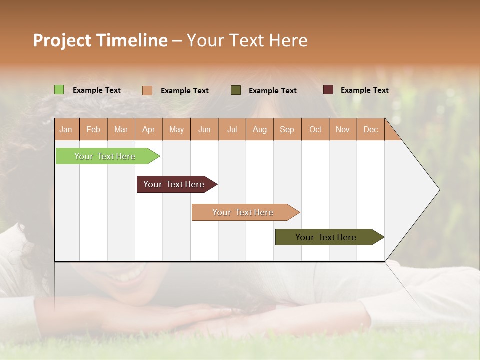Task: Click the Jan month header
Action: [66, 129]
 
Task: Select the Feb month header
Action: [93, 129]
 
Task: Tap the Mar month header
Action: [121, 129]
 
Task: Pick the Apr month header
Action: [149, 129]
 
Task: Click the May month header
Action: [176, 129]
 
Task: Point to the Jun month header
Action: [204, 129]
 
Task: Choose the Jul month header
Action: [232, 129]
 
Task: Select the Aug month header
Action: [260, 129]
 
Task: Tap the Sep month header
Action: [287, 129]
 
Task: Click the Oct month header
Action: [315, 129]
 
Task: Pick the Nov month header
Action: [343, 129]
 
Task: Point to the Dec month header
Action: [371, 129]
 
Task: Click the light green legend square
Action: [59, 90]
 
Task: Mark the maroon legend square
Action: [328, 90]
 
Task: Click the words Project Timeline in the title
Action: [100, 40]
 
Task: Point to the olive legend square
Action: [236, 90]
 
